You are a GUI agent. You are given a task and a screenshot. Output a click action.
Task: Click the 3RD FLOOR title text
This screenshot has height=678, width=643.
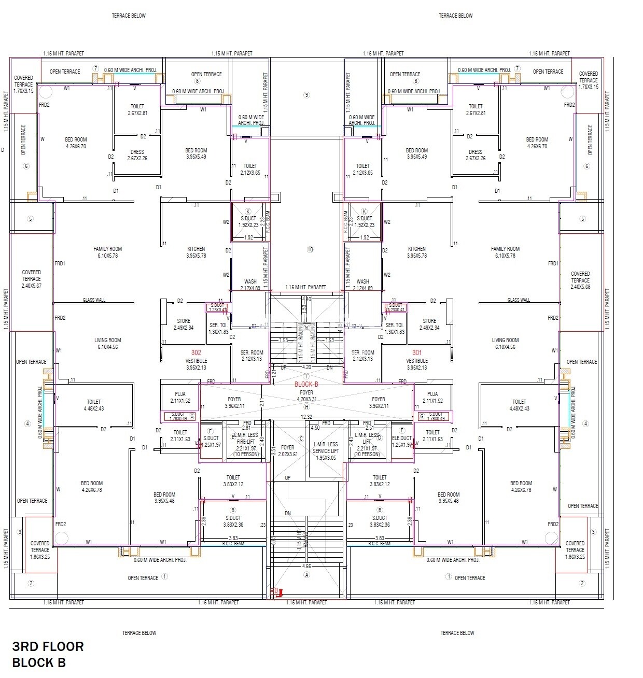pos(48,646)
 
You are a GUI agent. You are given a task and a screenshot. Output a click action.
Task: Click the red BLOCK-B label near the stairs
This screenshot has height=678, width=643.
pos(306,384)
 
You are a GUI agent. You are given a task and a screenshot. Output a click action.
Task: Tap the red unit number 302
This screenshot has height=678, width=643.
pos(196,352)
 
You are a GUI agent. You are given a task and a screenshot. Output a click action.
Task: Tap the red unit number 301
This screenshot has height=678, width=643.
pos(417,352)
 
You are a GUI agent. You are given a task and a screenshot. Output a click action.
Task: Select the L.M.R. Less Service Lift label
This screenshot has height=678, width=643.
pos(326,451)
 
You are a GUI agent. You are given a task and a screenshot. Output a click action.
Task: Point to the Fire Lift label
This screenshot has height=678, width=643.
pos(246,442)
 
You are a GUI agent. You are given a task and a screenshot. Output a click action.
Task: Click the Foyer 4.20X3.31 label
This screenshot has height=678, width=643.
pos(306,396)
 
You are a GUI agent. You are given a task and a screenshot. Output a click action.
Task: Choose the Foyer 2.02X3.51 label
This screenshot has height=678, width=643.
pos(288,450)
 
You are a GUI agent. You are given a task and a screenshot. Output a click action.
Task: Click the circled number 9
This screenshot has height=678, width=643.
pos(306,95)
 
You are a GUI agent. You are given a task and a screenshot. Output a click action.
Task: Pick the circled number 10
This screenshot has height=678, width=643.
pos(310,249)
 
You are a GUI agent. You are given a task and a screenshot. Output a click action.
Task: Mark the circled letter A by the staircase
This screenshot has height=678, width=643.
pos(306,575)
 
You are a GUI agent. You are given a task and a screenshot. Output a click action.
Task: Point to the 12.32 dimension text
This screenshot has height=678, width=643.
pos(306,417)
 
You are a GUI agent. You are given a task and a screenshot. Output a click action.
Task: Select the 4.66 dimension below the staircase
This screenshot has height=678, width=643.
pos(306,567)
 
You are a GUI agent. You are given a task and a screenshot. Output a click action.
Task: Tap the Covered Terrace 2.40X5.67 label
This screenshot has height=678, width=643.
pos(31,279)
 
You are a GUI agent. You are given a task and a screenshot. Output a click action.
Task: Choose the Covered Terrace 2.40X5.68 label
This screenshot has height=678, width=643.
pos(580,280)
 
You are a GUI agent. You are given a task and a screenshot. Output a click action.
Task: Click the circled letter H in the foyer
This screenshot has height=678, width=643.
pos(306,407)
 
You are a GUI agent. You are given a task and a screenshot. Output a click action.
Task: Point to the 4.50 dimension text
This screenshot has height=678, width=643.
pos(315,428)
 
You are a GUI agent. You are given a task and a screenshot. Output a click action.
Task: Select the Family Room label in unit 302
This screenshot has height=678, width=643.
pos(108,252)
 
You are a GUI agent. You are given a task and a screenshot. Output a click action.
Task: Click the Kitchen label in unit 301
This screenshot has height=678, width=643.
pos(417,252)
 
